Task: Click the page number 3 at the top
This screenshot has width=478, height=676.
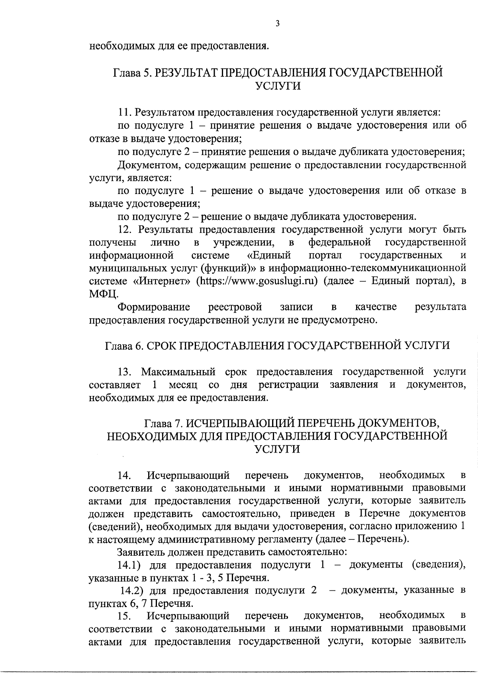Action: tap(277, 24)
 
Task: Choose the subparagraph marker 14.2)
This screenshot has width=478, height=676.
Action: tap(132, 590)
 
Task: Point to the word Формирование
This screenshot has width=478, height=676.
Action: tap(154, 307)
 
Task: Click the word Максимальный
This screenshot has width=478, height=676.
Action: tap(178, 372)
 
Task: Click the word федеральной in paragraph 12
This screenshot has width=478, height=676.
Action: tap(340, 242)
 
